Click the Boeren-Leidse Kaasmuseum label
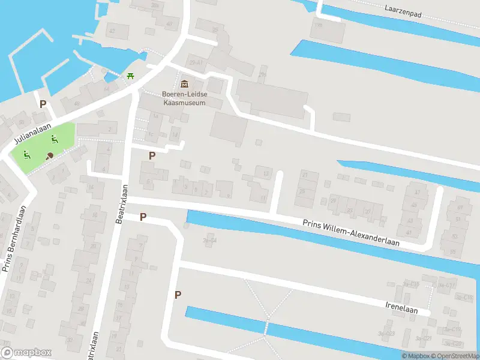[184, 98]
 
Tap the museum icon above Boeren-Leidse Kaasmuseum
[184, 83]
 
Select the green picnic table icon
[130, 76]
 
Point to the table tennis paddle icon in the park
[50, 155]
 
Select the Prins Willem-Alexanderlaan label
[351, 233]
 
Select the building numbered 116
[317, 26]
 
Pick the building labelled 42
[112, 30]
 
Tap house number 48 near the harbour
[76, 103]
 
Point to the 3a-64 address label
[209, 241]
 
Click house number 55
[452, 251]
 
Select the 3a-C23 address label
[386, 334]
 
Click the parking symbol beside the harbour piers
[43, 104]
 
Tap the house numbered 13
[266, 174]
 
